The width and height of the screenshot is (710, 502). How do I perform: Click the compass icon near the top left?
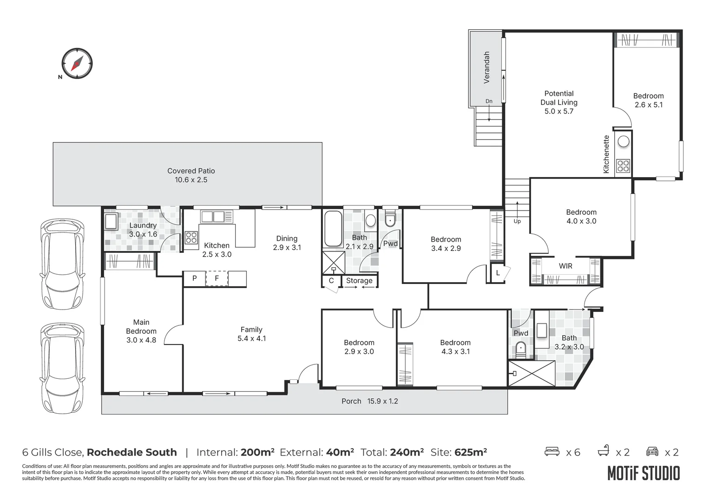(x=77, y=63)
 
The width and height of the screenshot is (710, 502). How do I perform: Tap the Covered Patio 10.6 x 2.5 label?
(x=191, y=175)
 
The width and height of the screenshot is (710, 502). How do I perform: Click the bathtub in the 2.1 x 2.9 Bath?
(x=333, y=229)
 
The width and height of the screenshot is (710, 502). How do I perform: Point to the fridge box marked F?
(x=217, y=278)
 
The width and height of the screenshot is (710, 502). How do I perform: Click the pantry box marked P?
(x=195, y=278)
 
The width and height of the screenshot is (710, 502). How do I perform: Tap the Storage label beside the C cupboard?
(x=359, y=281)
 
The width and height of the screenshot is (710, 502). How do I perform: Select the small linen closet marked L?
(x=498, y=273)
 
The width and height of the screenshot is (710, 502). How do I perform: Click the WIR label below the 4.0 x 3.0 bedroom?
(x=565, y=266)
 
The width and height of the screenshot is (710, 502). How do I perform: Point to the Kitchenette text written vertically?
(x=606, y=154)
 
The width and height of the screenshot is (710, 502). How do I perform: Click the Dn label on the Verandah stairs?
(x=489, y=101)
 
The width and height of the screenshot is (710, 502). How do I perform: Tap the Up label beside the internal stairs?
(x=517, y=221)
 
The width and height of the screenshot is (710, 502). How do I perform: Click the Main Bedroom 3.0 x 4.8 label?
(x=141, y=331)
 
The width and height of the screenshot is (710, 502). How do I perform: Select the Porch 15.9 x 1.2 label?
(x=369, y=401)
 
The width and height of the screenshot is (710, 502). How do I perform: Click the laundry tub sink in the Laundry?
(x=111, y=222)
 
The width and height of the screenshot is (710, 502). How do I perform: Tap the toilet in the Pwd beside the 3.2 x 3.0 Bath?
(x=521, y=348)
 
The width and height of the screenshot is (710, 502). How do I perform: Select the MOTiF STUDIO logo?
(x=643, y=473)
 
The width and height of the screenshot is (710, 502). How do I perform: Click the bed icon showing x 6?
(x=552, y=451)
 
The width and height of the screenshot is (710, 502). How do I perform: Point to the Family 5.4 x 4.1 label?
(x=251, y=334)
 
